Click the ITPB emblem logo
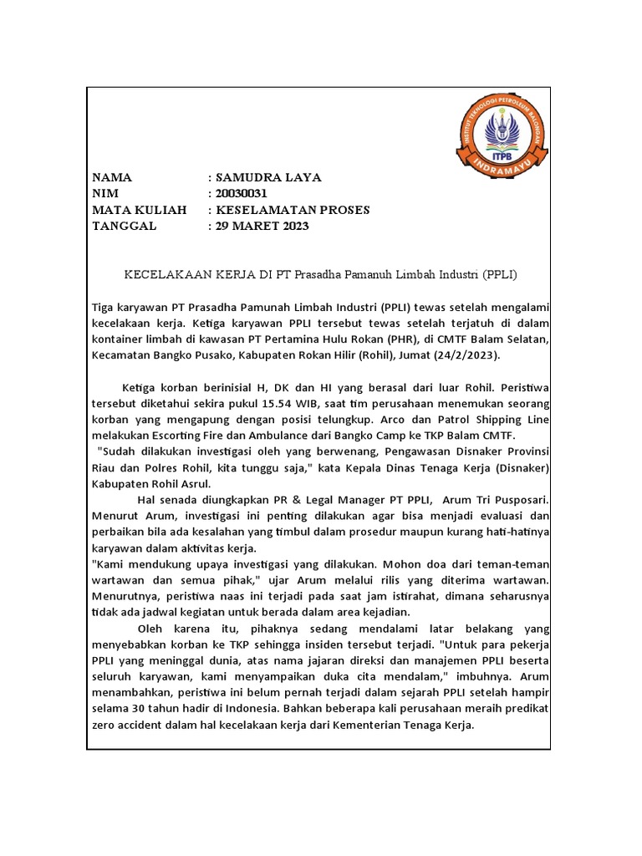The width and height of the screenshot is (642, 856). [x=502, y=134]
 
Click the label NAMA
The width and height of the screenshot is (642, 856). [x=112, y=178]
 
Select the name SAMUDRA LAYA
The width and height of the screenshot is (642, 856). [x=267, y=178]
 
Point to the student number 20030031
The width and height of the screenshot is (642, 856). [x=242, y=194]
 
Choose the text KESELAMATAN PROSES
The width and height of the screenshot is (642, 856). [x=293, y=210]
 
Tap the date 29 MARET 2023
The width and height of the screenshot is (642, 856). [x=262, y=227]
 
